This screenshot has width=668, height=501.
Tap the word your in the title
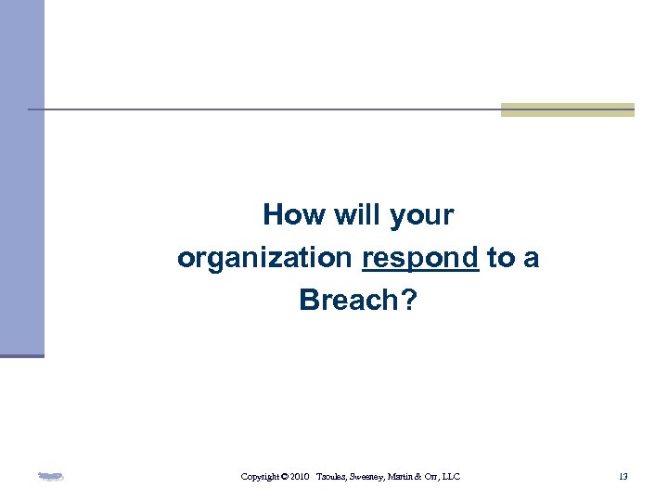click(422, 216)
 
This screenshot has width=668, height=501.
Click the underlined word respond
click(420, 259)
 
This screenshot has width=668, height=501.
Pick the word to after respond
click(500, 258)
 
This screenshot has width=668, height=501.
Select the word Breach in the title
click(347, 300)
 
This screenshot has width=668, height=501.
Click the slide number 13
click(623, 477)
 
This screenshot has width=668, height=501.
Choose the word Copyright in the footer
click(260, 477)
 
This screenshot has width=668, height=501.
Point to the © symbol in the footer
click(284, 477)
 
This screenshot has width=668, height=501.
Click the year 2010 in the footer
click(300, 477)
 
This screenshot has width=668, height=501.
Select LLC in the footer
click(451, 477)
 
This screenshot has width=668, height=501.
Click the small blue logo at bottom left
click(50, 477)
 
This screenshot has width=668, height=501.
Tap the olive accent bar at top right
click(567, 109)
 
